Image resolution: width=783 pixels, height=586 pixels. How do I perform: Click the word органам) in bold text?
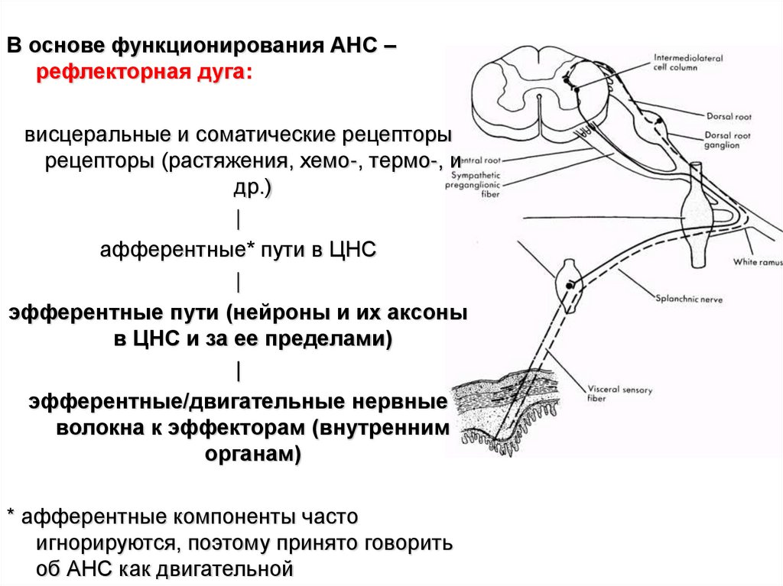pos(253,455)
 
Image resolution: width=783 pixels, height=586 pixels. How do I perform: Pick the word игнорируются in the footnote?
pos(99,543)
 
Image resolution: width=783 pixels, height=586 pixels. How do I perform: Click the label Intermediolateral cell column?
pos(683,61)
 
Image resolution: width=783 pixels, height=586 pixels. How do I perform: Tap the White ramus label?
pos(757,262)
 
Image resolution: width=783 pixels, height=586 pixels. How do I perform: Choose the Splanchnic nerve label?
pos(688,299)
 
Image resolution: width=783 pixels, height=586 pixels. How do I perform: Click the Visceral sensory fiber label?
pos(620,393)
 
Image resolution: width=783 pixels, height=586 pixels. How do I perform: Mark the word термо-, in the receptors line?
pos(404,162)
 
